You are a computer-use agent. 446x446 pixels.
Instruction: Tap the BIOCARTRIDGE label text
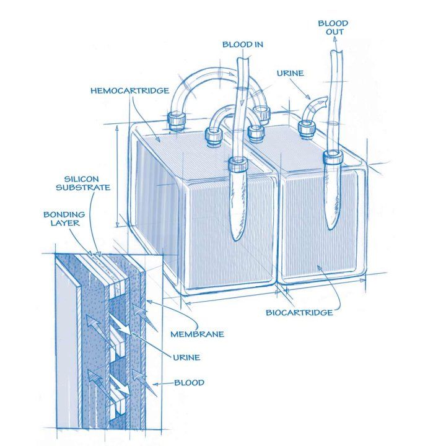click(x=299, y=312)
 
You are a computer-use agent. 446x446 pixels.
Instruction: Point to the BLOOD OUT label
click(x=333, y=27)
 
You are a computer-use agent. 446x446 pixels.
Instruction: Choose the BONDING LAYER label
click(x=63, y=218)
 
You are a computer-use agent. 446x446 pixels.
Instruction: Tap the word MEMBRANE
click(x=196, y=334)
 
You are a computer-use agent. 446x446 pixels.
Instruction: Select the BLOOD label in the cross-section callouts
click(x=190, y=383)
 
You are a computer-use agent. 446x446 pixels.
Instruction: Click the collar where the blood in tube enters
click(x=237, y=165)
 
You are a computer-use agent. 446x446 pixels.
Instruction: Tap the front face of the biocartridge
click(x=318, y=229)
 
